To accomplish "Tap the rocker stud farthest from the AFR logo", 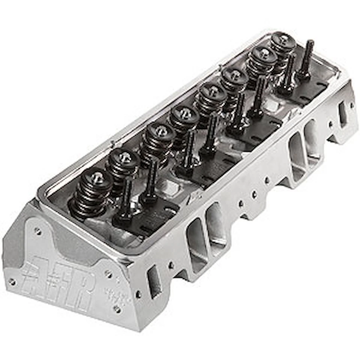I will coord(308,56).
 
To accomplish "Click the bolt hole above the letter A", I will coord(37,231).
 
